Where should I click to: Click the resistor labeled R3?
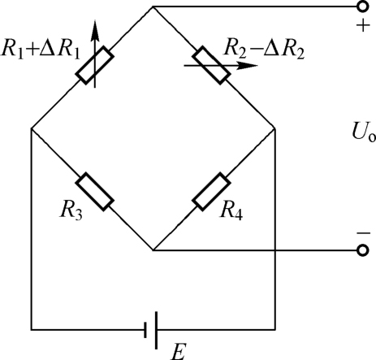pos(95,192)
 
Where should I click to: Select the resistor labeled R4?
pos(211,192)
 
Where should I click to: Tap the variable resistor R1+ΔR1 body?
pos(95,65)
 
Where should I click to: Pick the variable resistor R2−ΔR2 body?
pos(211,65)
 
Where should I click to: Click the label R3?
pos(71,210)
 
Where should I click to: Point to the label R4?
pos(231,210)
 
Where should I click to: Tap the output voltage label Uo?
pos(364,132)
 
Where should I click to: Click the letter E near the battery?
pos(179,352)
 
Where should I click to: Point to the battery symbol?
pos(151,330)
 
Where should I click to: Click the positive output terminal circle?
pos(363,7)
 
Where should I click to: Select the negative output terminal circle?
pos(363,250)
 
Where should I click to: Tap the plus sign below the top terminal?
pos(363,26)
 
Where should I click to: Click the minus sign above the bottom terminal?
pos(363,233)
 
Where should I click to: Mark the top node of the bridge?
pos(153,7)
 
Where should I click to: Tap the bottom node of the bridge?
pos(153,250)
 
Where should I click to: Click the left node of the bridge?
pos(32,128)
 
